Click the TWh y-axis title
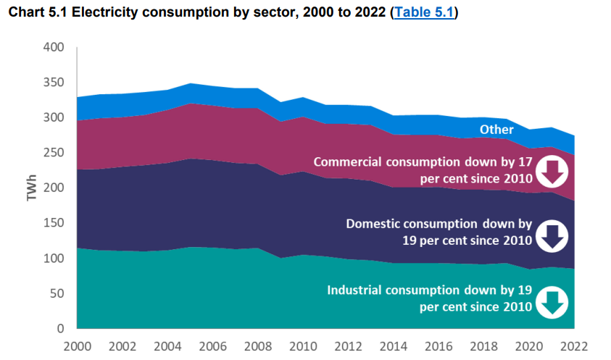[33, 186]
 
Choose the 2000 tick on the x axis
[77, 346]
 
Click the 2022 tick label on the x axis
[573, 346]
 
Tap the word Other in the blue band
[496, 130]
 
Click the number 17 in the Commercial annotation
[524, 162]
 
